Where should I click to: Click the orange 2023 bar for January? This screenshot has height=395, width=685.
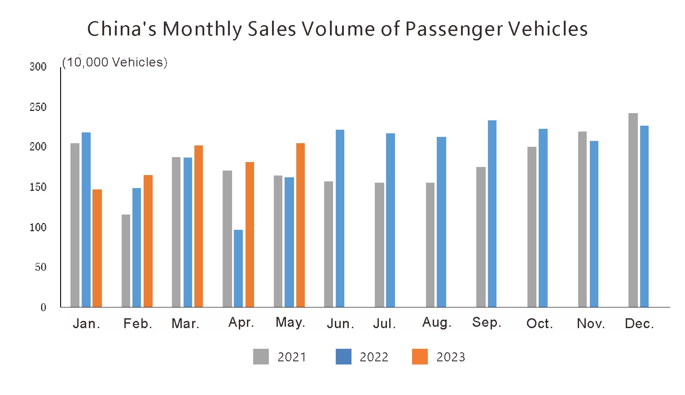point(97,248)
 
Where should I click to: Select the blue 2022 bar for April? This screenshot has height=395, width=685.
point(238,268)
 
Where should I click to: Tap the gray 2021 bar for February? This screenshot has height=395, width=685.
point(126,261)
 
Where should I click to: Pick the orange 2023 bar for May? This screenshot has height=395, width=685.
point(300,225)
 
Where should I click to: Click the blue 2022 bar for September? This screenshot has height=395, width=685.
point(492,214)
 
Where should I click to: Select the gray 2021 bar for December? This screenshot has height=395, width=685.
point(633,210)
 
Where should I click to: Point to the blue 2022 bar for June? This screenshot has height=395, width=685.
point(340,218)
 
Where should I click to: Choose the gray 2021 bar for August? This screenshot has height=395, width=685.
point(430,245)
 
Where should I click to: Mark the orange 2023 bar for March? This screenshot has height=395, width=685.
point(198,226)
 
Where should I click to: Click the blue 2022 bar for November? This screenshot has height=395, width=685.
point(594,224)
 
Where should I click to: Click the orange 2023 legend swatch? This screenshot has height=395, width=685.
point(420,357)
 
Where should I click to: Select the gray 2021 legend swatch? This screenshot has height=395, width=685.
point(261,357)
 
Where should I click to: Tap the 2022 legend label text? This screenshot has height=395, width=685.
point(374,357)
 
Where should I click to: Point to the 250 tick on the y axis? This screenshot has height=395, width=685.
point(38,107)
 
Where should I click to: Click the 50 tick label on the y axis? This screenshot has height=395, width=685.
point(40,267)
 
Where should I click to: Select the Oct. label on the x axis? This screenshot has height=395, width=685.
point(539,324)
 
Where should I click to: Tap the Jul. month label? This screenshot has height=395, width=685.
point(384,324)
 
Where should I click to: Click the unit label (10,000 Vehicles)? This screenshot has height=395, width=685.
point(114,62)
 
